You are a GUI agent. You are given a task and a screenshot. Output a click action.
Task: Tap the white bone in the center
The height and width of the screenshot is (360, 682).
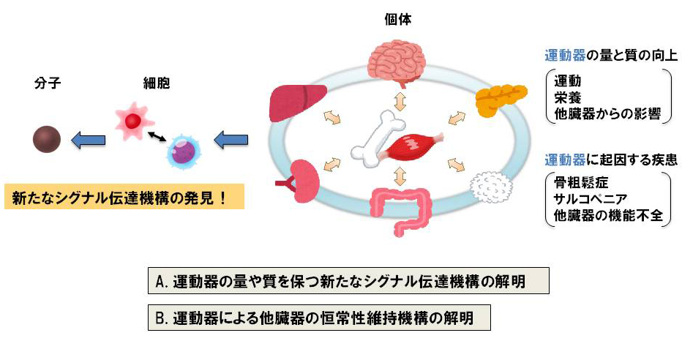(x=377, y=135)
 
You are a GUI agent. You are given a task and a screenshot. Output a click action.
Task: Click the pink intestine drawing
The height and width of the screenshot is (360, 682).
(x=401, y=206)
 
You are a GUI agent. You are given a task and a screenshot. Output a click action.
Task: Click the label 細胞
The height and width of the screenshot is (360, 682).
(x=156, y=84)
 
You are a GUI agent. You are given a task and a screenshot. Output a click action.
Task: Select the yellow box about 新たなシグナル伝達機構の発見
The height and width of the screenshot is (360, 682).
(x=124, y=198)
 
